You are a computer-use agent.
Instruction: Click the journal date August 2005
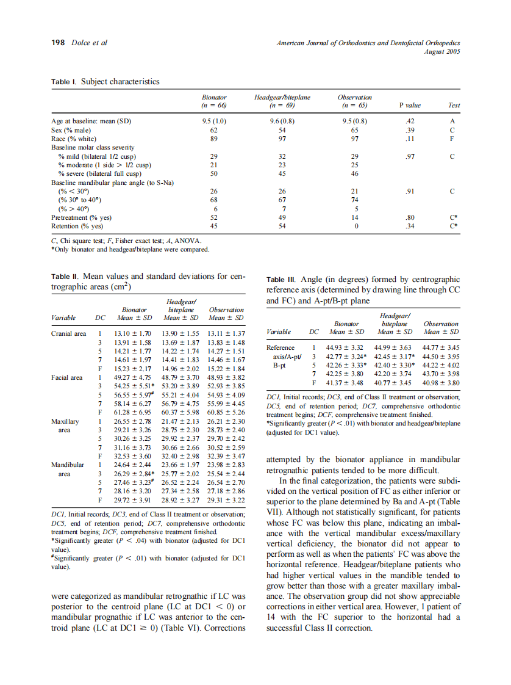point(442,51)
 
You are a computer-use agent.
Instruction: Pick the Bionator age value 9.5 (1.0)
point(214,121)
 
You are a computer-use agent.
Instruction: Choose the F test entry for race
point(452,139)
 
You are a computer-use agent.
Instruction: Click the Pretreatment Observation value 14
point(355,217)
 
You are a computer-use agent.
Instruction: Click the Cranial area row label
point(69,333)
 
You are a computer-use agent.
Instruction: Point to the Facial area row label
point(67,377)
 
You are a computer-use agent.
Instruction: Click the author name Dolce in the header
point(81,43)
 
